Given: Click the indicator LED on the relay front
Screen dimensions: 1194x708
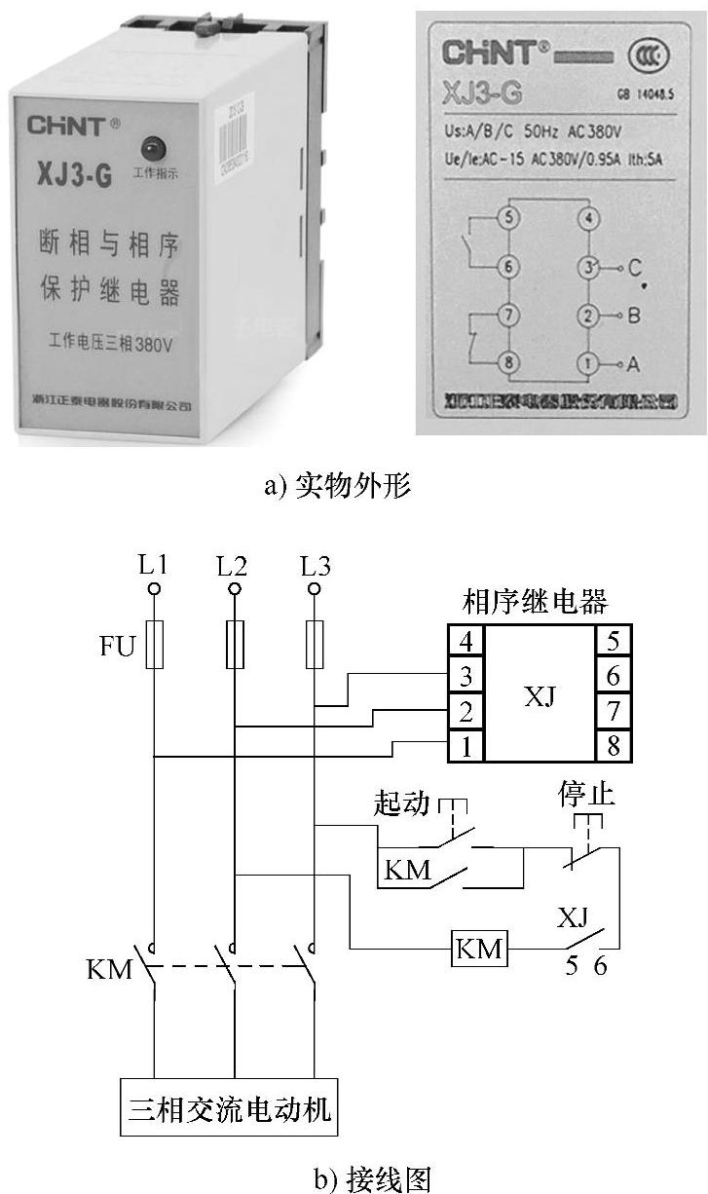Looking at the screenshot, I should point(157,149).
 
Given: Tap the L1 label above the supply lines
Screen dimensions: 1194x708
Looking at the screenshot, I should point(153,564).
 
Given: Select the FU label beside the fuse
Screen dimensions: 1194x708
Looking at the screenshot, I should point(117,646).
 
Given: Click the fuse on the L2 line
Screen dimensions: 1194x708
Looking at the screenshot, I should point(235,645).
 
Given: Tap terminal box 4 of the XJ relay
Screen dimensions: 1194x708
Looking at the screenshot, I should point(466,641).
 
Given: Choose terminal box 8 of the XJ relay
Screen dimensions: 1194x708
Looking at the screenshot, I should point(613,746).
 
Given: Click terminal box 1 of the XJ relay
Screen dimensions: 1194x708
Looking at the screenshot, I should point(466,746).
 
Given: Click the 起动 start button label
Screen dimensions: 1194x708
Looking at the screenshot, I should point(401,803).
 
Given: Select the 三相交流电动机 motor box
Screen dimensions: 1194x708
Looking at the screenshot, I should point(231,1107).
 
